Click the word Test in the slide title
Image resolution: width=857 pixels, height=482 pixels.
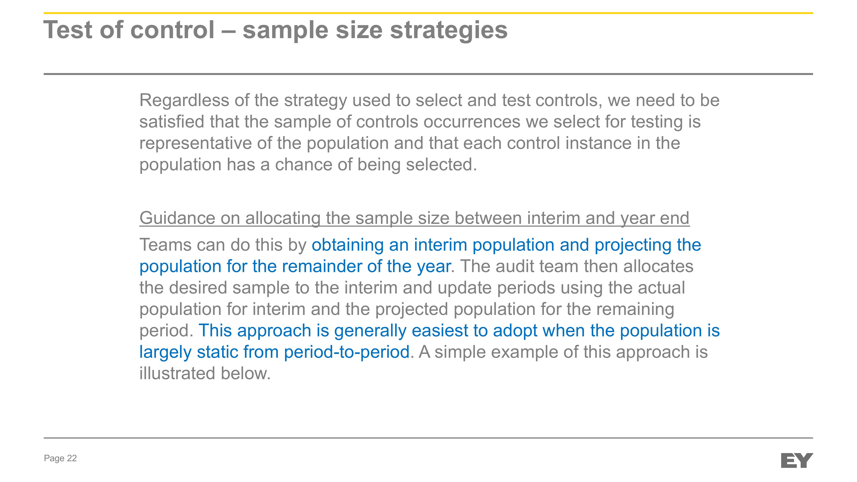click(68, 30)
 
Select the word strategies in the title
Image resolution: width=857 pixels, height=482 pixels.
click(449, 31)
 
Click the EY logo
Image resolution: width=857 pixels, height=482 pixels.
click(797, 460)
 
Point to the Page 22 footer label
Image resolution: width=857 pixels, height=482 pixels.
click(60, 458)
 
